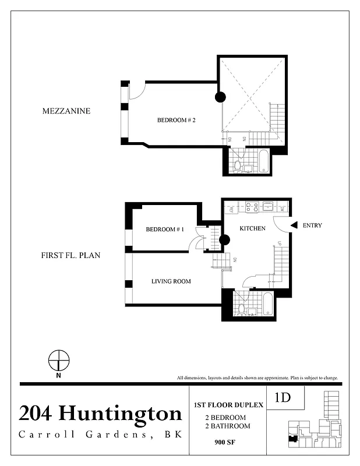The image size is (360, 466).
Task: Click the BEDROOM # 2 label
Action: click(x=176, y=121)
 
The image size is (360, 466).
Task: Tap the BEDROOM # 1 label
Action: click(x=165, y=230)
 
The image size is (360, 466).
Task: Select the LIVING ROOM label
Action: click(x=171, y=282)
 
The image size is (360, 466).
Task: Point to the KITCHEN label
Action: click(x=253, y=228)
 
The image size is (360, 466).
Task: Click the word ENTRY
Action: click(x=312, y=225)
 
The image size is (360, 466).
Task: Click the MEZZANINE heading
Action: click(x=66, y=111)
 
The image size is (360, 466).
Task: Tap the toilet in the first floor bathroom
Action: click(x=239, y=309)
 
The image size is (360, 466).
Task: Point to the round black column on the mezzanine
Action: click(x=220, y=98)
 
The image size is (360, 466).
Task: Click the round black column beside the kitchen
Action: click(x=224, y=239)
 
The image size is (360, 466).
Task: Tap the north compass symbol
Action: click(x=58, y=361)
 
